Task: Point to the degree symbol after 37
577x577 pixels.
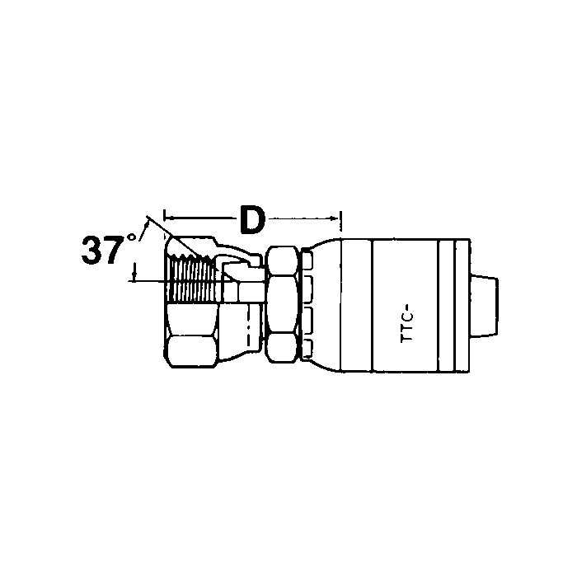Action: (131, 240)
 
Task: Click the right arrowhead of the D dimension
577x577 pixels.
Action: (337, 218)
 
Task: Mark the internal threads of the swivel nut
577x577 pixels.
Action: (192, 280)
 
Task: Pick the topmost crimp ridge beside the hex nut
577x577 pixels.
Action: (307, 262)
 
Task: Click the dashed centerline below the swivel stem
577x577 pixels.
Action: (247, 330)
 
